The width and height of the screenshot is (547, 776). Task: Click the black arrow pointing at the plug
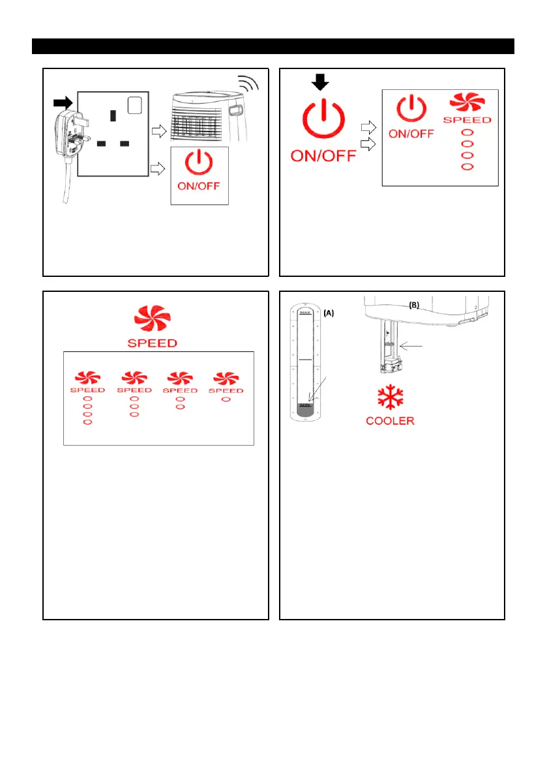(x=63, y=102)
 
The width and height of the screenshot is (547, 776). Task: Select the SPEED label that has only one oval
(x=226, y=390)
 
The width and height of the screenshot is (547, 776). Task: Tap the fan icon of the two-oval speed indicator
(x=181, y=377)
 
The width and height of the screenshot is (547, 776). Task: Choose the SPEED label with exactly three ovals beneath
(x=134, y=390)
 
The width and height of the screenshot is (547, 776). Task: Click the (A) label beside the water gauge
(x=329, y=313)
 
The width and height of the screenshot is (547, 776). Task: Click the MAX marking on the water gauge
(x=305, y=313)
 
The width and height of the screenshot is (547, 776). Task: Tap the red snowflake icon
(x=389, y=397)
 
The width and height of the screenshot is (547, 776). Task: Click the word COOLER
(x=390, y=421)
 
